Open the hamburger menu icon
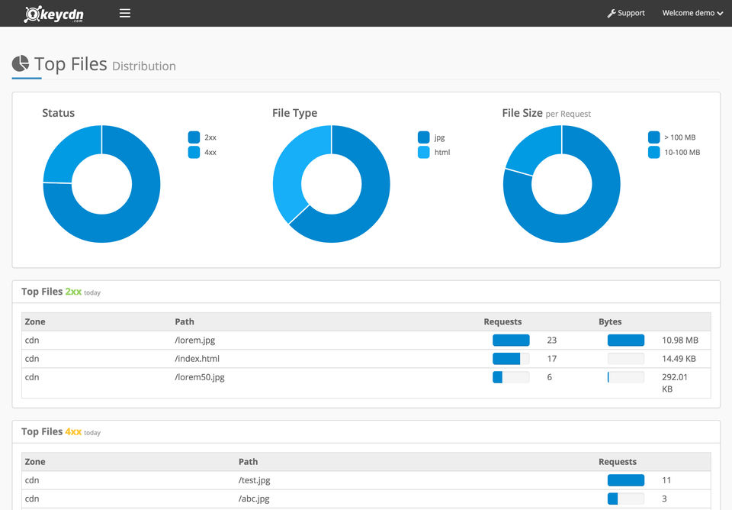pyautogui.click(x=125, y=13)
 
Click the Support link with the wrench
pyautogui.click(x=626, y=13)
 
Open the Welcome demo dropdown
pyautogui.click(x=692, y=13)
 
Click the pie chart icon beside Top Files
pyautogui.click(x=21, y=64)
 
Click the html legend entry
pyautogui.click(x=435, y=153)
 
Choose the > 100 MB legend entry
pyautogui.click(x=672, y=137)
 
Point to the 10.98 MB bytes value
pyautogui.click(x=680, y=341)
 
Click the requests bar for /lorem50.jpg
pyautogui.click(x=511, y=377)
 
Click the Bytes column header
pyautogui.click(x=610, y=322)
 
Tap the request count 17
pyautogui.click(x=552, y=359)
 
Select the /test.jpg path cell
pyautogui.click(x=255, y=480)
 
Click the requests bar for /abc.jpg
pyautogui.click(x=625, y=499)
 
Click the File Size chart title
pyautogui.click(x=522, y=113)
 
